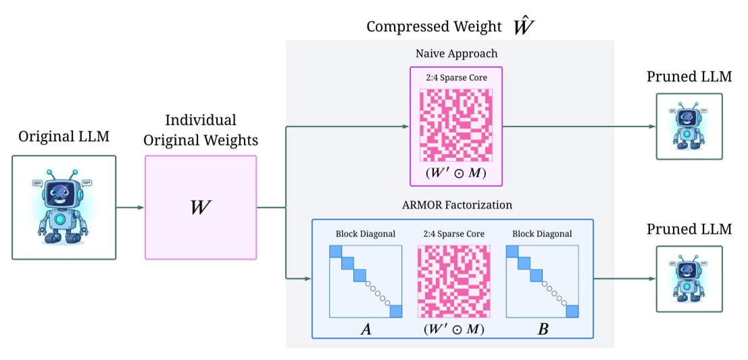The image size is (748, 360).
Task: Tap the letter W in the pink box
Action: (x=200, y=207)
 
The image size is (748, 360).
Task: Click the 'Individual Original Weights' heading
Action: (x=201, y=130)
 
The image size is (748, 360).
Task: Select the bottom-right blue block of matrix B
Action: (x=574, y=311)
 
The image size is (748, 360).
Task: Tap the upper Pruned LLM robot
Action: (x=689, y=126)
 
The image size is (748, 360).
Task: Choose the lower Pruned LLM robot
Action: (x=689, y=278)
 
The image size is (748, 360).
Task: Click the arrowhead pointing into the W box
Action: (x=141, y=207)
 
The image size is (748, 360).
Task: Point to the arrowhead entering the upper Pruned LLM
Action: (x=651, y=127)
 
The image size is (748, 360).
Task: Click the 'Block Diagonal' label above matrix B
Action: (x=542, y=234)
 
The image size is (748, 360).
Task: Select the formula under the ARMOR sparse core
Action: (x=454, y=329)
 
